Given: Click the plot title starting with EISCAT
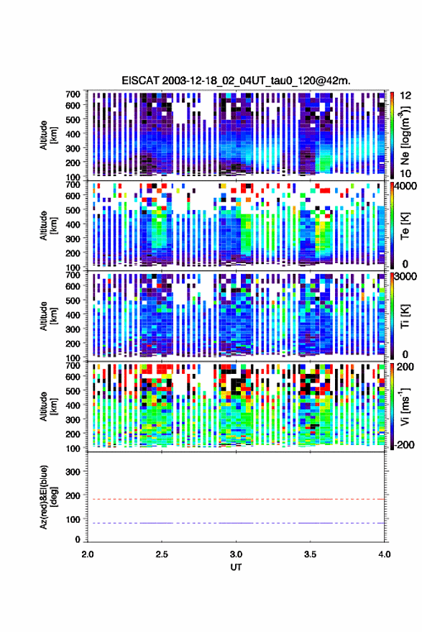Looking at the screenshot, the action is pos(237,81).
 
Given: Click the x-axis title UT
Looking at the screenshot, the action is pos(237,567).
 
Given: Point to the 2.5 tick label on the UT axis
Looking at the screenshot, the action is pos(162,554).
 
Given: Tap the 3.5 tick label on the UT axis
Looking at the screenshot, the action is pos(310,554).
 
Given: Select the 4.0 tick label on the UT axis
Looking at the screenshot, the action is pos(384,554).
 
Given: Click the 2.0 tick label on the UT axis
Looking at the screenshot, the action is pos(88,554).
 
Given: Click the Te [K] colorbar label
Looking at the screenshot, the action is pos(405,226).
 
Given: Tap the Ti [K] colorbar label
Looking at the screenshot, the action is pos(405,316).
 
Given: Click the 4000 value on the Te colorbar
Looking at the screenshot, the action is pos(406,187).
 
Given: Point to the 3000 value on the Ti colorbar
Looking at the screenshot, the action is pos(406,277).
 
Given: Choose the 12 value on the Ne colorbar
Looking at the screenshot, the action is pos(406,96).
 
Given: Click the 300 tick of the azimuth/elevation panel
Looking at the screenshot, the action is pos(73,472).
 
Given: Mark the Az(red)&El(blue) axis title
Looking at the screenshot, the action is pos(47,497).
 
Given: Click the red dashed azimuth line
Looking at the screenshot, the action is pos(237,499).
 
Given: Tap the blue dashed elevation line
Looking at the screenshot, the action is pos(237,523).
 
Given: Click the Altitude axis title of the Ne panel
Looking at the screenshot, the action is pos(47,135).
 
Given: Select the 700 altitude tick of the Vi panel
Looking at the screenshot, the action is pos(73,365).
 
